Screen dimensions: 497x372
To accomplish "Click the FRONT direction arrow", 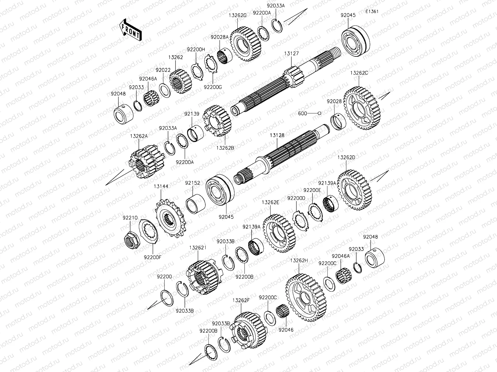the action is pos(130,30).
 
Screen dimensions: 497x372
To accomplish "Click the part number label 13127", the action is pos(291,54).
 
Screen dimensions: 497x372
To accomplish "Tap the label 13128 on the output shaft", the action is pos(277,135).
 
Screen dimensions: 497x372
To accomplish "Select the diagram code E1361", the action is pos(372,11).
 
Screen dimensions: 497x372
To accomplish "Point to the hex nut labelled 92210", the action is pos(132,240).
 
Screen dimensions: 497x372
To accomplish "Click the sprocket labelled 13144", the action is pos(171,218).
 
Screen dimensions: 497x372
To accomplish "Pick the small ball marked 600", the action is pos(320,113).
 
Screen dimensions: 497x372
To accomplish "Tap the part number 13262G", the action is pos(238,15).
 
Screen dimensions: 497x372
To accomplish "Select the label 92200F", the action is pos(153,257).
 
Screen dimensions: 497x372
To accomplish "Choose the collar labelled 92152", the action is pos(195,204).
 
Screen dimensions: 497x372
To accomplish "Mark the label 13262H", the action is pos(299,260).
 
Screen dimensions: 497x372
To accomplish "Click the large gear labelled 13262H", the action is pos(306,297).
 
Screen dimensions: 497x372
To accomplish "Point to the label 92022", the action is pos(163,70).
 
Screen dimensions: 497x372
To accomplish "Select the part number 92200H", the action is pos(196,50).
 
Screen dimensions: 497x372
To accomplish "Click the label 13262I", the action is pos(198,248).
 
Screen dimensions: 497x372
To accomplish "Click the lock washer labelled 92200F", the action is pos(148,232).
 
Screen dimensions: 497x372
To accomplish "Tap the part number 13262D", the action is pos(346,157).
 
